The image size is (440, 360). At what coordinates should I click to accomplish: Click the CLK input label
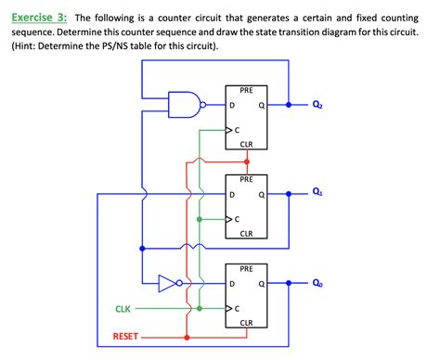[x=123, y=308]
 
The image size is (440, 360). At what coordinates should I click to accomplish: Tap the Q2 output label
[x=318, y=105]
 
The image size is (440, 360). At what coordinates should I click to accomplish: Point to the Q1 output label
[x=318, y=193]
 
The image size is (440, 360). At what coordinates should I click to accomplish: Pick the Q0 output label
[x=318, y=283]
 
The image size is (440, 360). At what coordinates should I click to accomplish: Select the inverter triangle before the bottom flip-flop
[x=168, y=283]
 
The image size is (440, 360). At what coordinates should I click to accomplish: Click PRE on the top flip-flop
[x=246, y=90]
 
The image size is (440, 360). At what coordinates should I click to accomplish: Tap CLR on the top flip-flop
[x=246, y=145]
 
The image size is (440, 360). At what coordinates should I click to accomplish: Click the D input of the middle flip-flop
[x=232, y=194]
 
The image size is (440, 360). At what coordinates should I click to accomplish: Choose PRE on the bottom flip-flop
[x=246, y=269]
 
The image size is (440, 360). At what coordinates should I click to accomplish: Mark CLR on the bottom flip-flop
[x=246, y=323]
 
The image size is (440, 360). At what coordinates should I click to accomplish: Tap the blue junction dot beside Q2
[x=289, y=105]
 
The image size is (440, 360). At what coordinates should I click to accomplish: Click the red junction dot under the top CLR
[x=246, y=161]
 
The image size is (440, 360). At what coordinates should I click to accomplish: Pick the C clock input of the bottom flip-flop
[x=237, y=307]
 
